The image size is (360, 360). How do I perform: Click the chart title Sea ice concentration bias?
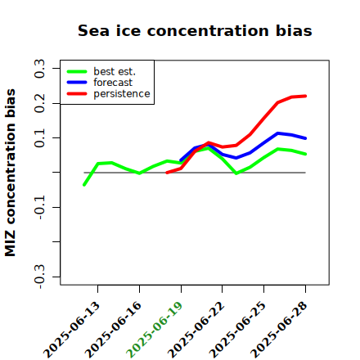195,30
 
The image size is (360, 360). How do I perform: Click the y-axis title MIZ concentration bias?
10,173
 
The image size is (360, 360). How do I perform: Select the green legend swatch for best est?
77,72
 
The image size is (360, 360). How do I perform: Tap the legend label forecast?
113,83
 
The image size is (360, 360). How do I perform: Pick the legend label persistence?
122,94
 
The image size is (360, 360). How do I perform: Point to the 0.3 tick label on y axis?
39,69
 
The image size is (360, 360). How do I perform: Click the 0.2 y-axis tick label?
39,103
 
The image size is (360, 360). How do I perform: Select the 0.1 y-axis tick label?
39,138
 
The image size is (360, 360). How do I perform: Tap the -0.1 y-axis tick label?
39,208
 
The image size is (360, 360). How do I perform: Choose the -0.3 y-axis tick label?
39,277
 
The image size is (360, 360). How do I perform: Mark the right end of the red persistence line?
305,96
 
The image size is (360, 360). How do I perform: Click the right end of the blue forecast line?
305,138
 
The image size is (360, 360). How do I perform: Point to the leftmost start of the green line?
84,185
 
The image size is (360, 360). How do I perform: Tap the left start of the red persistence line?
167,173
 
